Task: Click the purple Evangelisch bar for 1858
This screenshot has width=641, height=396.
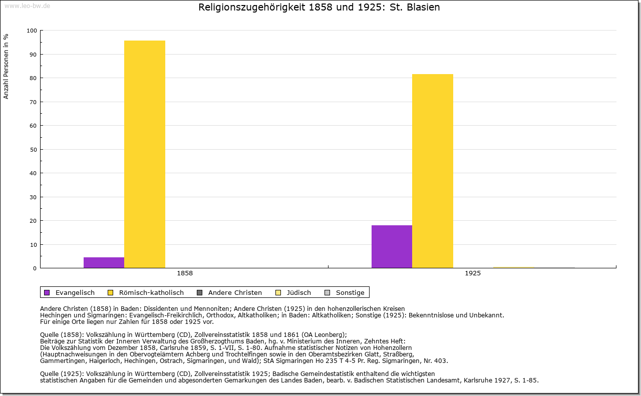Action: (x=104, y=262)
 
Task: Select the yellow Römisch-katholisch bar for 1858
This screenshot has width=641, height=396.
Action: (x=144, y=154)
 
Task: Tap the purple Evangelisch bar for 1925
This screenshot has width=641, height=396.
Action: (x=392, y=246)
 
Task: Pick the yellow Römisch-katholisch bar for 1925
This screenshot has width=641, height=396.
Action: (x=433, y=171)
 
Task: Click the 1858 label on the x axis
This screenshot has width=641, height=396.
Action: (x=185, y=274)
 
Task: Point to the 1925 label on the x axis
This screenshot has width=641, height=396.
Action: (x=473, y=274)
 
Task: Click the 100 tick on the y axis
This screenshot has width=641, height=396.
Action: (x=32, y=31)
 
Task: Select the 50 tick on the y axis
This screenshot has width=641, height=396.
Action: (x=34, y=150)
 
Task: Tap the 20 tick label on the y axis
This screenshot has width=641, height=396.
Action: (x=34, y=221)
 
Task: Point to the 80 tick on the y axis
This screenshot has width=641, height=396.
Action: (x=34, y=78)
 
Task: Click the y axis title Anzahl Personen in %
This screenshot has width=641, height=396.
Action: (x=6, y=66)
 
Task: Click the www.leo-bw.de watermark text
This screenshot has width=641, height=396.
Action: (x=27, y=6)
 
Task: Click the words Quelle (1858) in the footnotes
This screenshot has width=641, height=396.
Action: (x=62, y=335)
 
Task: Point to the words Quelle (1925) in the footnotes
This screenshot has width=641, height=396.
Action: (x=62, y=373)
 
